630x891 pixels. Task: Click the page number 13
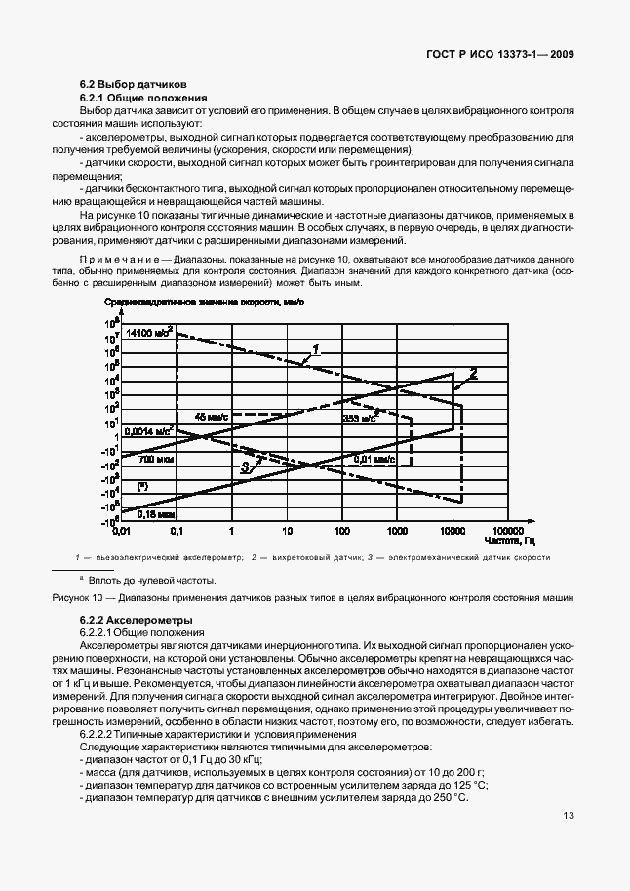pyautogui.click(x=569, y=844)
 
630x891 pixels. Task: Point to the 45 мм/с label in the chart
pyautogui.click(x=211, y=417)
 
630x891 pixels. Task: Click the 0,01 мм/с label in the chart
pyautogui.click(x=374, y=458)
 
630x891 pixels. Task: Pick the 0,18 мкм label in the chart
pyautogui.click(x=155, y=512)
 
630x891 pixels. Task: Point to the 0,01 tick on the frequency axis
pyautogui.click(x=121, y=533)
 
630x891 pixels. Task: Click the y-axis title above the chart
pyautogui.click(x=205, y=303)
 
